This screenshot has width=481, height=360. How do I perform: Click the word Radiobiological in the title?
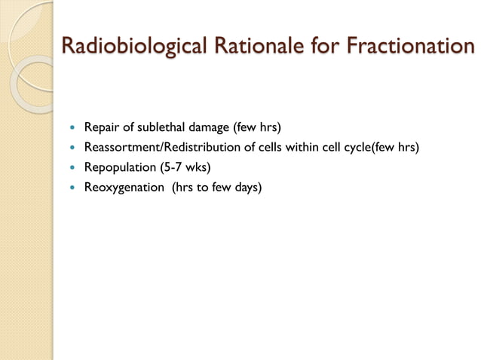click(134, 46)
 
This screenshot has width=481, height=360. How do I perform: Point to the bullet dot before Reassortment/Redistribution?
click(72, 147)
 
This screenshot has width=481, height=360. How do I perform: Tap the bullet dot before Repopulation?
click(72, 167)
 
